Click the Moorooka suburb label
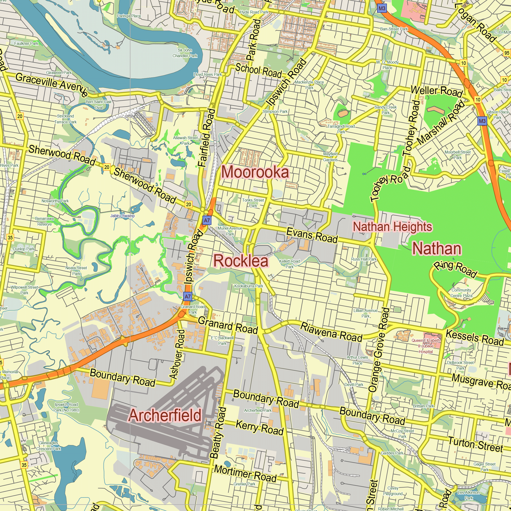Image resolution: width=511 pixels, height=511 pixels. click(x=255, y=172)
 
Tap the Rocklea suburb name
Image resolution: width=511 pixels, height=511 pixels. click(x=241, y=261)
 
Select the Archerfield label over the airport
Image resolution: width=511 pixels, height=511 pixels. click(x=165, y=415)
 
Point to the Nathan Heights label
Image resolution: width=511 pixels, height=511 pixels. click(x=392, y=227)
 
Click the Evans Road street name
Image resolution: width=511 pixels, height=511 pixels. click(x=312, y=235)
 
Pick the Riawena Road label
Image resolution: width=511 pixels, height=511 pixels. click(x=331, y=332)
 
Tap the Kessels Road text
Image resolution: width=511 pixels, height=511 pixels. click(x=475, y=338)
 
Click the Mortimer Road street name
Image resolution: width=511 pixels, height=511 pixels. click(x=245, y=473)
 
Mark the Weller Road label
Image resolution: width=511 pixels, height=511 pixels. click(x=436, y=91)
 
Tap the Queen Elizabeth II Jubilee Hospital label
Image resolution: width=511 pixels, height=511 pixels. click(x=426, y=346)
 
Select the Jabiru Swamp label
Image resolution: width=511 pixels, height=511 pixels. click(x=122, y=216)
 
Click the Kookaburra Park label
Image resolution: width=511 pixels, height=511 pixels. click(x=249, y=286)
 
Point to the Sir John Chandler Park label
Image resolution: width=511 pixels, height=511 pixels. click(x=185, y=53)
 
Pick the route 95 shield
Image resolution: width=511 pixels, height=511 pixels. click(x=507, y=53)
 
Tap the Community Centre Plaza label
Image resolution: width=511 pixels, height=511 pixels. click(x=461, y=293)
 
